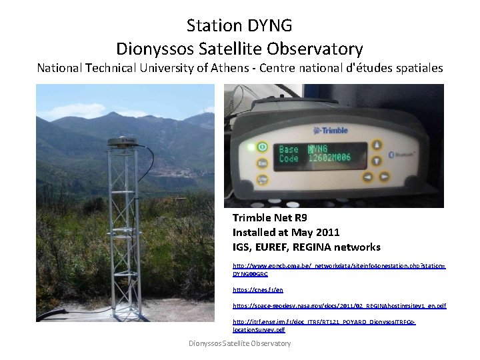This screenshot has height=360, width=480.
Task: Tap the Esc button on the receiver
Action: coord(262,162)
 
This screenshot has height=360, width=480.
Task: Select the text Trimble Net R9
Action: coord(269,218)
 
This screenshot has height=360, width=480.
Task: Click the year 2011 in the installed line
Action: coord(327,232)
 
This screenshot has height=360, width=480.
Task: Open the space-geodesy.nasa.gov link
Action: coord(339,305)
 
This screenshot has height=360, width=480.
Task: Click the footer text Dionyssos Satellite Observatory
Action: coord(239,343)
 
